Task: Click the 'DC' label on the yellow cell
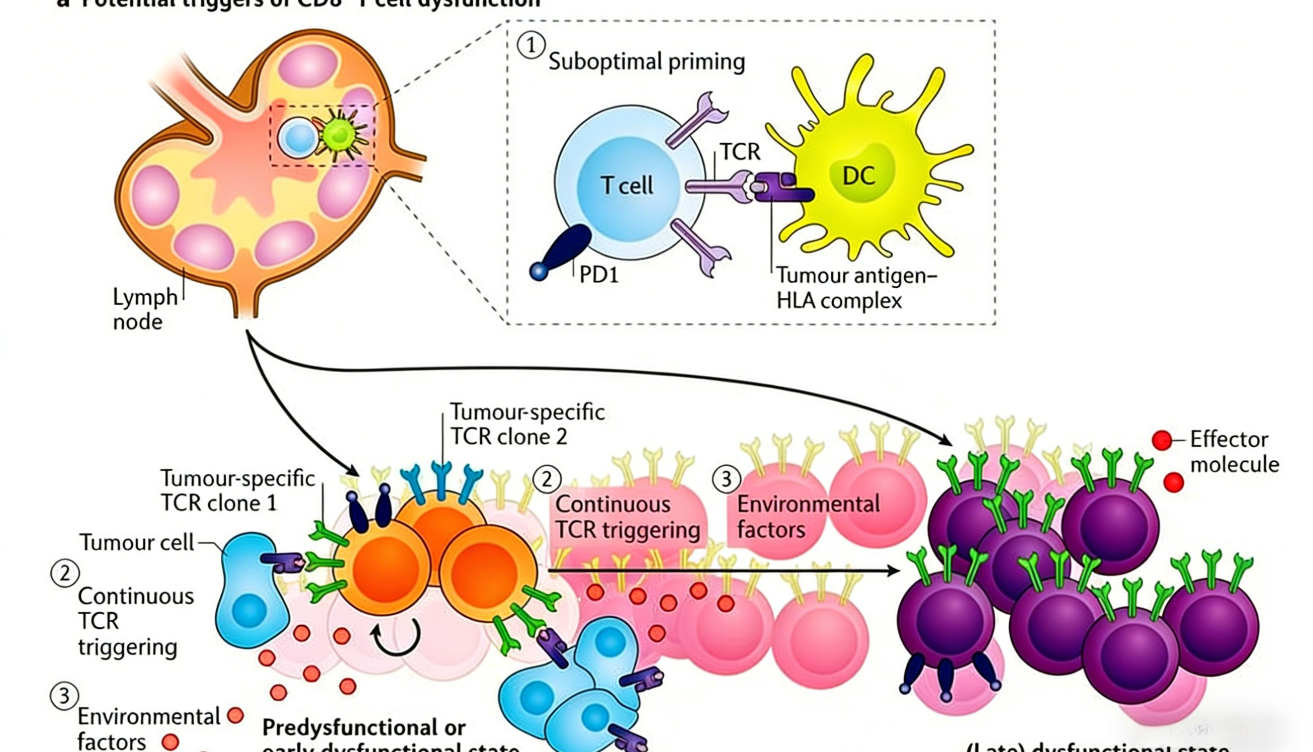click(x=858, y=176)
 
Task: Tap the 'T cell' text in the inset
click(x=627, y=185)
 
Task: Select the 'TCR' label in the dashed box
click(x=740, y=152)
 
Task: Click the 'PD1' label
click(x=598, y=275)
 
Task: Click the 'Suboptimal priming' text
click(x=646, y=62)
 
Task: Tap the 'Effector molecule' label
click(x=1234, y=451)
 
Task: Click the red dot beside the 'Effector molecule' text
click(x=1162, y=440)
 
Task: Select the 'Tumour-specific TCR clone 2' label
click(x=527, y=424)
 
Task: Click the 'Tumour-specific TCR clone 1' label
click(x=237, y=490)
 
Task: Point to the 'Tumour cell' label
click(x=137, y=542)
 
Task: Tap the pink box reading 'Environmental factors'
click(x=808, y=517)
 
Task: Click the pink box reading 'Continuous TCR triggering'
click(x=627, y=517)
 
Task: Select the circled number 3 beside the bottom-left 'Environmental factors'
click(x=64, y=696)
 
